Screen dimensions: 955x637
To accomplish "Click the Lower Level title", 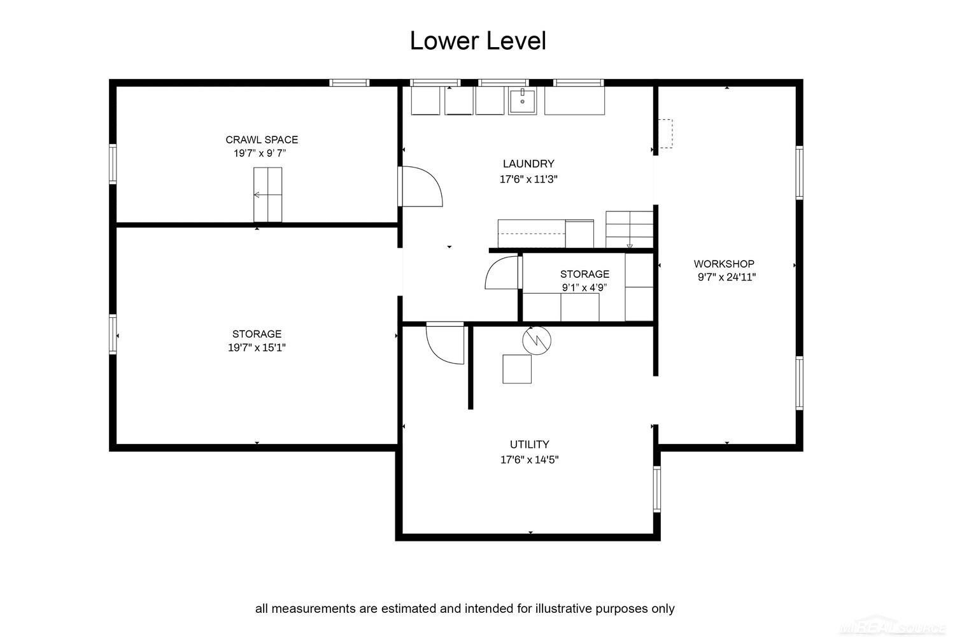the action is [x=478, y=41].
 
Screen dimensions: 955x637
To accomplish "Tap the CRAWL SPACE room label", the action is [x=262, y=140].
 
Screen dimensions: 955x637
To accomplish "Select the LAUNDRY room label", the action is [x=528, y=164].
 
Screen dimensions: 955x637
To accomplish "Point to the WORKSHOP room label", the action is [x=724, y=264].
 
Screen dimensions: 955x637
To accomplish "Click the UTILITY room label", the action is [x=530, y=445].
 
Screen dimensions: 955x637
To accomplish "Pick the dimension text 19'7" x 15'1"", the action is [x=257, y=347].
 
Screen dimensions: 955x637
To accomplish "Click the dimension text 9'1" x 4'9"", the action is [x=584, y=287].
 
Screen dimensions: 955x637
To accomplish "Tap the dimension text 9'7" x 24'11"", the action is [x=726, y=277].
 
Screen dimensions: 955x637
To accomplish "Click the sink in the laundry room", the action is [x=522, y=101].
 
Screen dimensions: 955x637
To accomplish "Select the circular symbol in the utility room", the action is [x=537, y=340].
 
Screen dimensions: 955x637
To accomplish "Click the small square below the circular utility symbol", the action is [x=517, y=369].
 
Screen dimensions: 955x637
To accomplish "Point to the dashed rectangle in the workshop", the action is [x=665, y=134].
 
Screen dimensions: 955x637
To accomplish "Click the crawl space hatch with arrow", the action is [x=268, y=194].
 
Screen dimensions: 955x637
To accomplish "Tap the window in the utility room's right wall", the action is [x=657, y=489].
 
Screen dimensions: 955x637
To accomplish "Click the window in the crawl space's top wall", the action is [x=349, y=83].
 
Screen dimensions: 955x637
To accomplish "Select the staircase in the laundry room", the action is [x=629, y=229].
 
